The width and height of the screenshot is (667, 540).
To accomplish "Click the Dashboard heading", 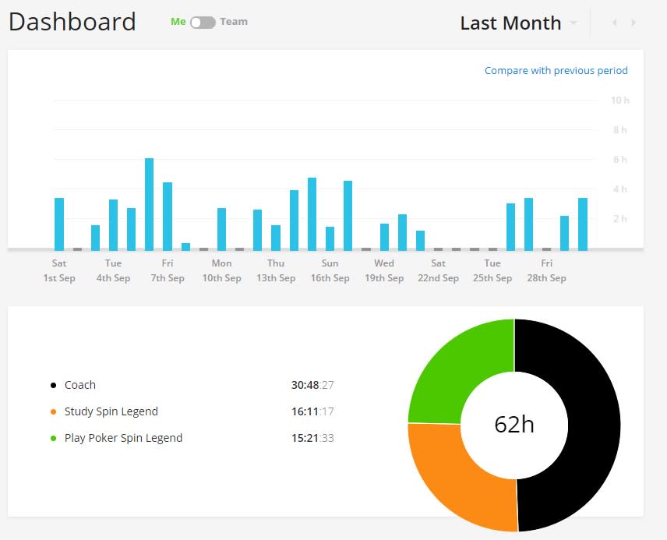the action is click(x=72, y=22).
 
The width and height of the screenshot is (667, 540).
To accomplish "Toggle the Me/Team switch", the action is click(x=203, y=22).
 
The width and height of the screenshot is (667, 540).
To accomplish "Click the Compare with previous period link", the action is click(x=556, y=70).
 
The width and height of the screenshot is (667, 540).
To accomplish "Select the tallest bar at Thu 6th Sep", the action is click(x=149, y=204).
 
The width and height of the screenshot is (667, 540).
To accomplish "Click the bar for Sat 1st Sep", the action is click(x=59, y=224).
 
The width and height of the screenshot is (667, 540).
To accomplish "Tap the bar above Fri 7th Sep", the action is click(x=168, y=216).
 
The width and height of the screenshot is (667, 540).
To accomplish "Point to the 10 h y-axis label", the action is click(x=619, y=101).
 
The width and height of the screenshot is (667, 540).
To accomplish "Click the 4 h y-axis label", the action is click(x=619, y=189).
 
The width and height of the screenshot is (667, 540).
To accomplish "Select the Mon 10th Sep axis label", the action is click(x=221, y=270).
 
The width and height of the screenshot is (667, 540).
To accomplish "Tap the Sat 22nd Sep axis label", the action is click(x=438, y=270).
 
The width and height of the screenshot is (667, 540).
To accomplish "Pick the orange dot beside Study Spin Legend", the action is click(x=53, y=411).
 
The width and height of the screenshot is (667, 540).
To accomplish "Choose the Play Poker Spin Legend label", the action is click(x=123, y=438).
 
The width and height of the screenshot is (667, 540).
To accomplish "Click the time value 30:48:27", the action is click(x=312, y=385).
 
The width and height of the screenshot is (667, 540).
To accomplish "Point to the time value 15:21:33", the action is click(x=312, y=438).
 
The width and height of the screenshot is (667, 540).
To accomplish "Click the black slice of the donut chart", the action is click(x=594, y=425).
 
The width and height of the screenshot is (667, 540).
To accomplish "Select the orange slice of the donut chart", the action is click(x=460, y=477).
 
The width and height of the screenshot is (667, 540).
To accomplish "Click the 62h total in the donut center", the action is click(x=514, y=424).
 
